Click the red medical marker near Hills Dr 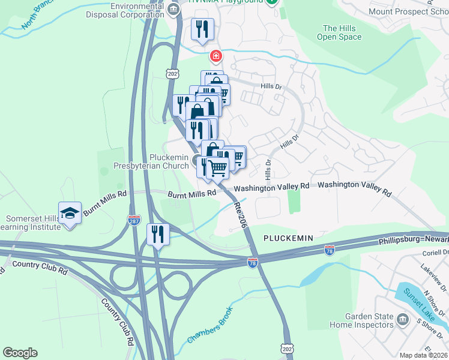point(215,56)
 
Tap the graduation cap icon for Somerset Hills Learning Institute point(70,213)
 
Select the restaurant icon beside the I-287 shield point(158,234)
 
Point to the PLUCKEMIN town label point(288,238)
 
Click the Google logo point(20,353)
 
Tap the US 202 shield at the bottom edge point(286,349)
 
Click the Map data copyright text point(423,355)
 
